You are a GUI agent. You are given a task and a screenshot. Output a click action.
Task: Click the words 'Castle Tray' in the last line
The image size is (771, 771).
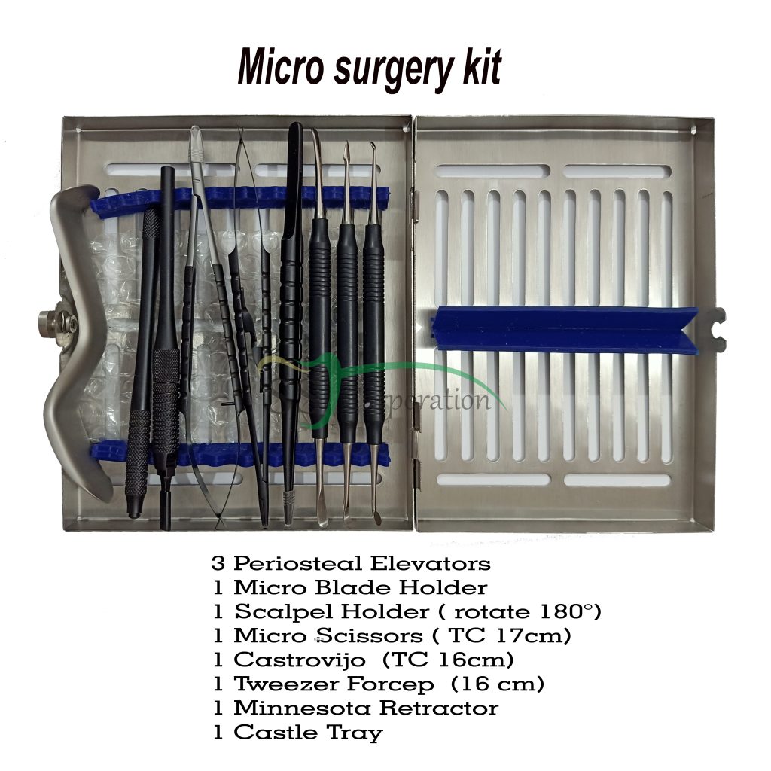(x=308, y=732)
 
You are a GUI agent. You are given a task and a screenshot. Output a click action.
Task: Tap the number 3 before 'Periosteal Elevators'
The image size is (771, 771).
(x=218, y=563)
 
